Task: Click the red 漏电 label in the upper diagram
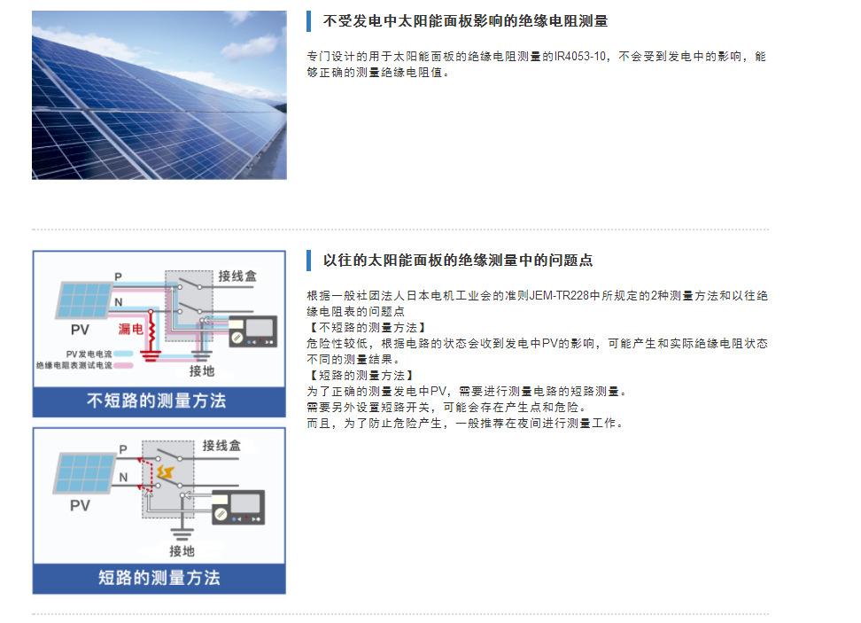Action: point(131,328)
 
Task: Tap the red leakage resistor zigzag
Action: point(151,331)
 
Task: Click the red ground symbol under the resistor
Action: point(151,356)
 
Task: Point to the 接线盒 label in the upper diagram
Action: point(237,276)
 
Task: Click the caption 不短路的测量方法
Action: point(157,401)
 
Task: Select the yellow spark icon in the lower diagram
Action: point(165,471)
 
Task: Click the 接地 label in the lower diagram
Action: point(182,550)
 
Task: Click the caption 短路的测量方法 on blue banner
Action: point(159,578)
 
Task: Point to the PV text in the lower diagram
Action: point(80,506)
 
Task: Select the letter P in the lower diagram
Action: point(123,452)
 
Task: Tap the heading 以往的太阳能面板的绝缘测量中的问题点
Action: point(458,261)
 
